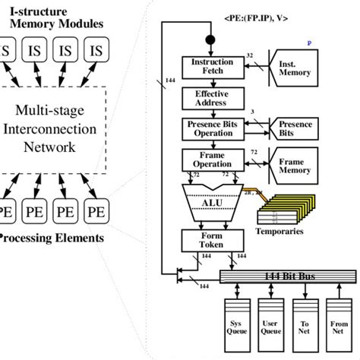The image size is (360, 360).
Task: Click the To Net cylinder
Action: point(303,330)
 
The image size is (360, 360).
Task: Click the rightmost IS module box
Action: point(96,52)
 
